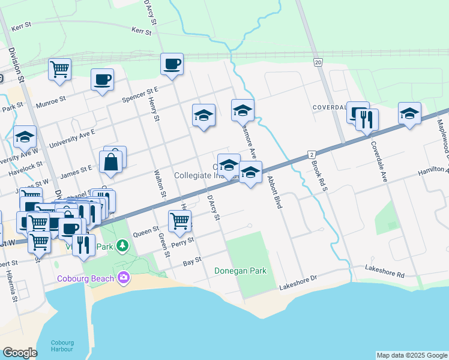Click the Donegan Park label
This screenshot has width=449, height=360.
coord(241,271)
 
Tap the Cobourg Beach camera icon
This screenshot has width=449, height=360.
coord(124,277)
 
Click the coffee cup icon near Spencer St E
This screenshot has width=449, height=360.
coord(103,79)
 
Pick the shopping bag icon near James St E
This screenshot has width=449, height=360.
coord(112,161)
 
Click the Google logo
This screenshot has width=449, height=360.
coord(20,353)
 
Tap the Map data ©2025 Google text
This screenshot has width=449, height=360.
coord(411,355)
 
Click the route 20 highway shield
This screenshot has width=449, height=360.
coord(318,62)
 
